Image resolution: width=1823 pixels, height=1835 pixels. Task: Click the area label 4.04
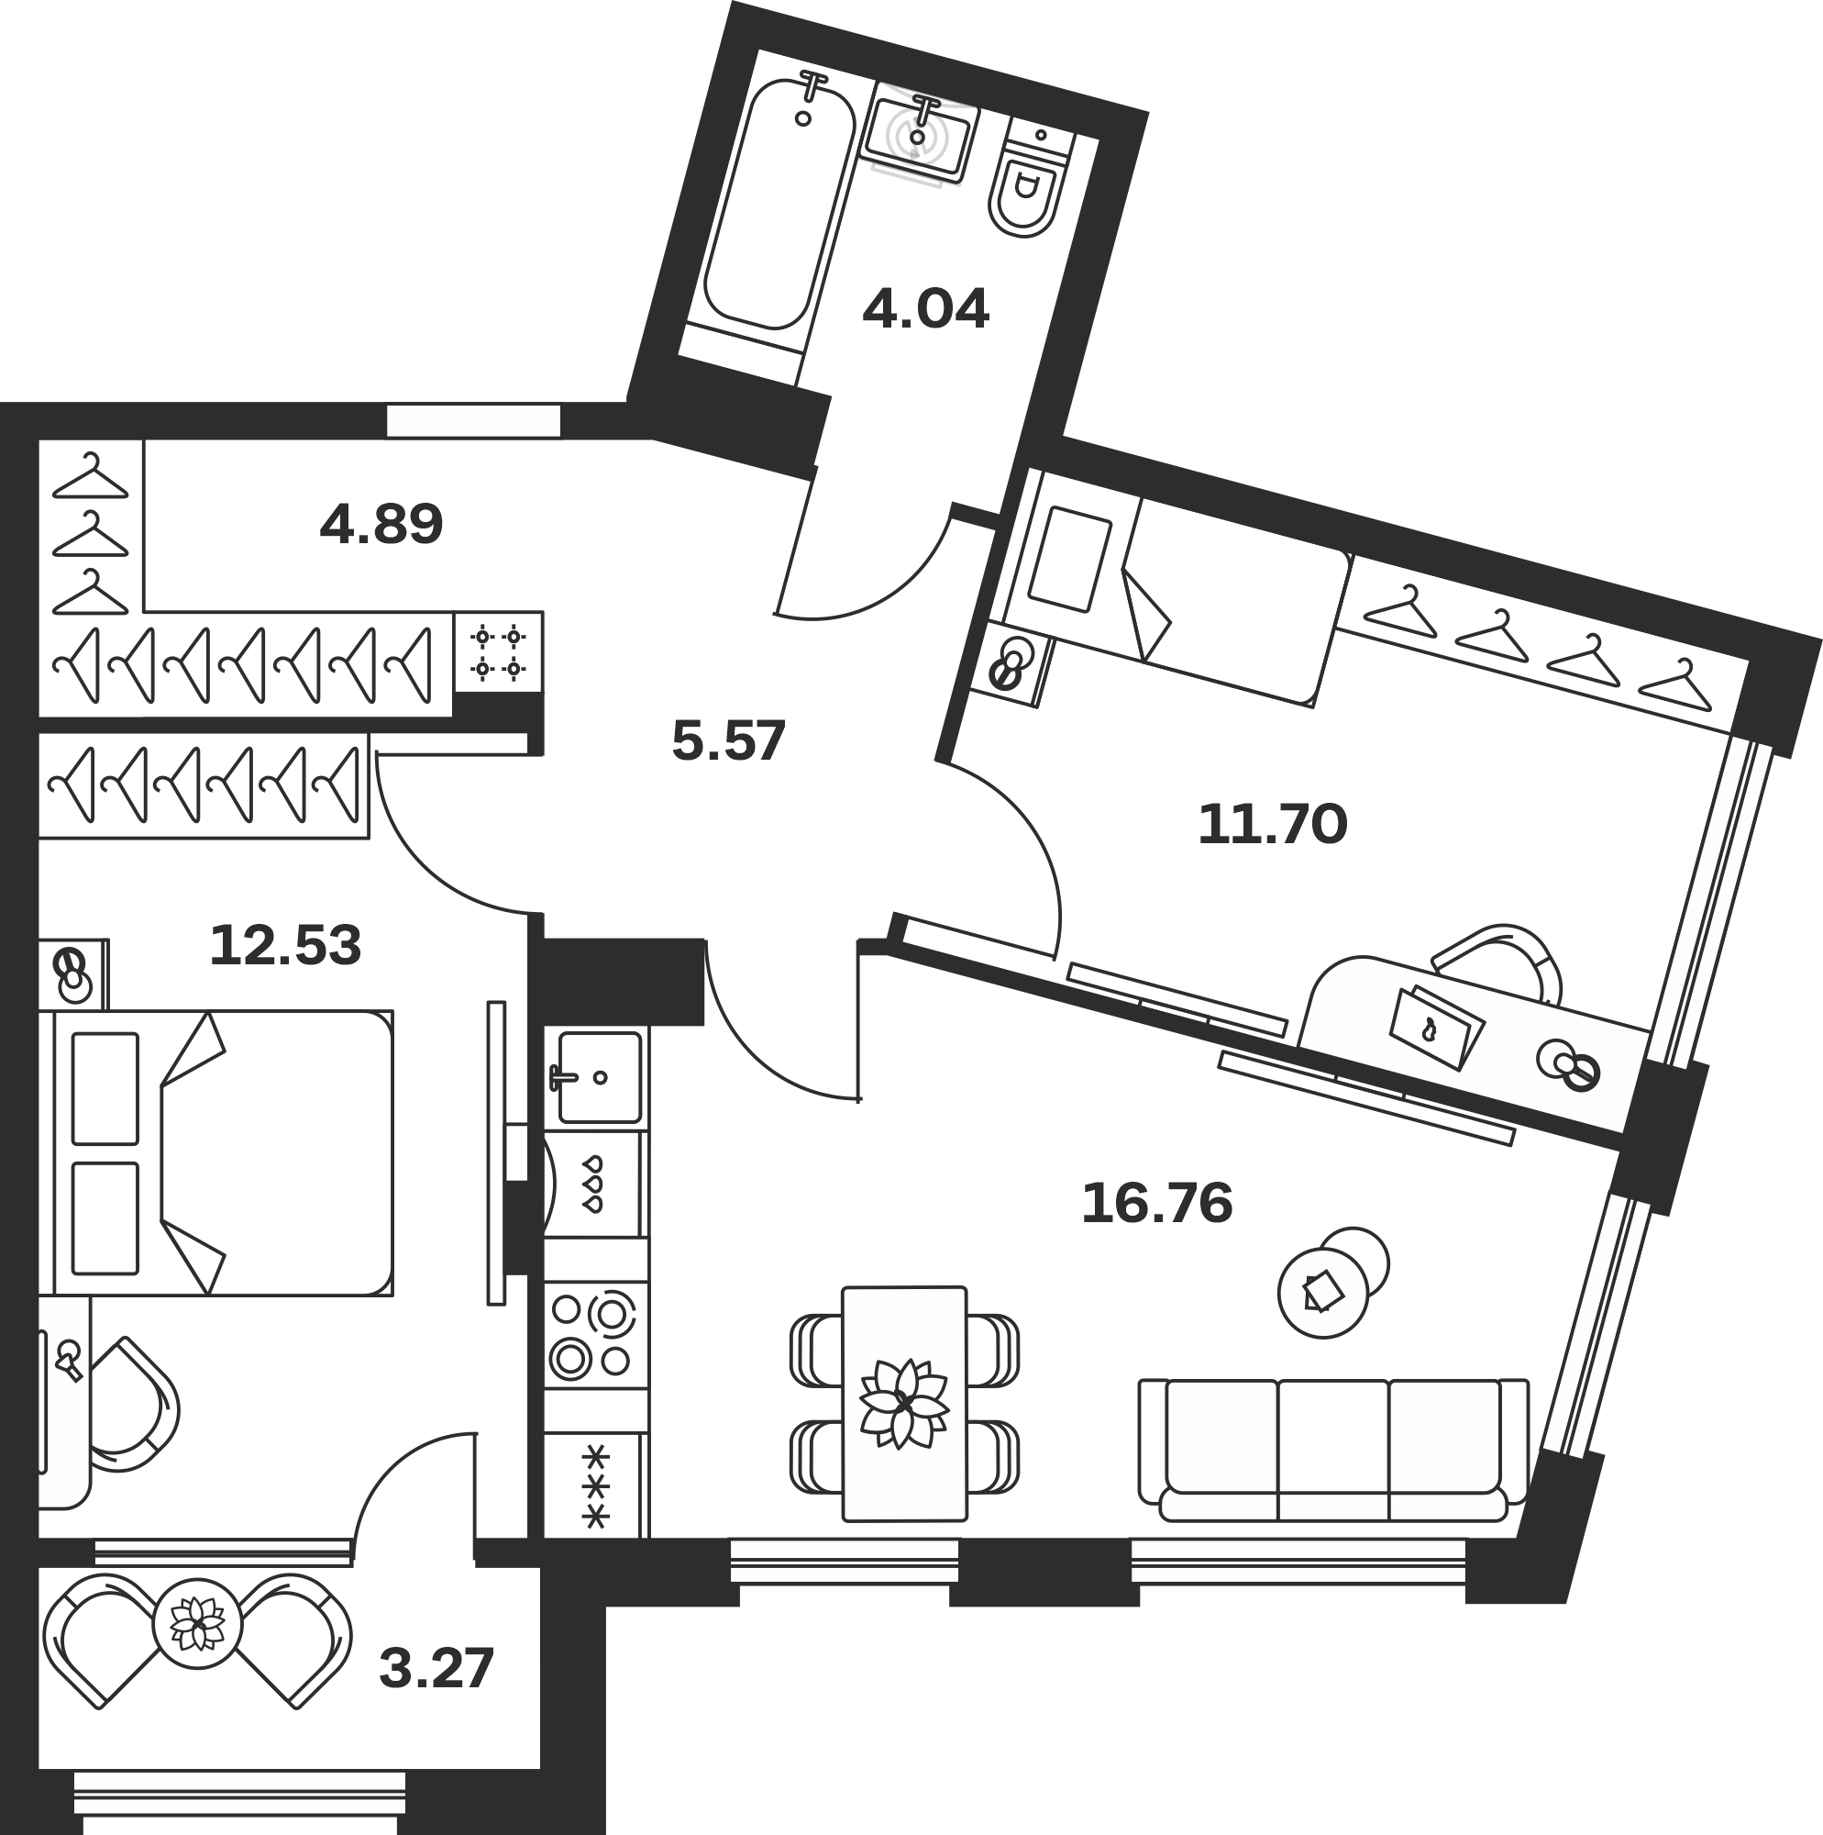click(926, 308)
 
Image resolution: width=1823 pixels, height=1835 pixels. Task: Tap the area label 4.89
click(381, 523)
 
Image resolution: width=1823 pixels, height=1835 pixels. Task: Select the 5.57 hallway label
click(728, 740)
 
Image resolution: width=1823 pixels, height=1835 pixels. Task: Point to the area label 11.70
click(1272, 824)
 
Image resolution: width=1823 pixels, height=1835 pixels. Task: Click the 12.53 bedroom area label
click(285, 945)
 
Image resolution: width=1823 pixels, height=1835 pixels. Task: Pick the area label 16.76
click(1156, 1204)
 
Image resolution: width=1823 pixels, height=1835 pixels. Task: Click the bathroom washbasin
click(918, 134)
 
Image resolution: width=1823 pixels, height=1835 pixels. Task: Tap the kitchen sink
click(599, 1077)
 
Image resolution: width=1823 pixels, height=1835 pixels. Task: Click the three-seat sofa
click(1333, 1451)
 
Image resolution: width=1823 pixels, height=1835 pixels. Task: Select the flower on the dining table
click(904, 1404)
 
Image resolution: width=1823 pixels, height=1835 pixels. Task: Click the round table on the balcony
click(197, 1624)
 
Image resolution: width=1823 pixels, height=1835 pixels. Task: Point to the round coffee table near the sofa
click(1322, 1293)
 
